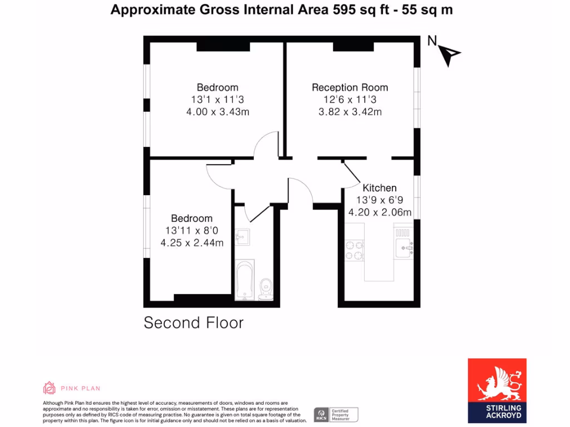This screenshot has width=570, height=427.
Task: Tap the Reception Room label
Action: [x=350, y=87]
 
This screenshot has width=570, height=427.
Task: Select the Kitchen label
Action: [x=380, y=188]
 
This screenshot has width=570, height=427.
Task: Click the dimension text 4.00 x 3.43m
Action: [x=217, y=112]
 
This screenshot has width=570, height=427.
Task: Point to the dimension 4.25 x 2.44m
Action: [x=192, y=242]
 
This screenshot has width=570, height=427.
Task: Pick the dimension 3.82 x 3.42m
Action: [x=350, y=112]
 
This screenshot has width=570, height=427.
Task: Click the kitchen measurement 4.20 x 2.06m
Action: [x=380, y=212]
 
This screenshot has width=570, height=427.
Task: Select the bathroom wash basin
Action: [x=242, y=237]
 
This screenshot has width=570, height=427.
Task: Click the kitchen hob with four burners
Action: [x=355, y=250]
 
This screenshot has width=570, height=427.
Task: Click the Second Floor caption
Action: [x=194, y=322]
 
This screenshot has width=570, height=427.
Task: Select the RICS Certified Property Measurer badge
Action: [x=336, y=414]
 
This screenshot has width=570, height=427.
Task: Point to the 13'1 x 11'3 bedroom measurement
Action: [x=217, y=100]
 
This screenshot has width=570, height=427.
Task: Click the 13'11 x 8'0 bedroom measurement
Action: [x=192, y=230]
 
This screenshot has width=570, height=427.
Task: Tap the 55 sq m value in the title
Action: [x=426, y=9]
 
